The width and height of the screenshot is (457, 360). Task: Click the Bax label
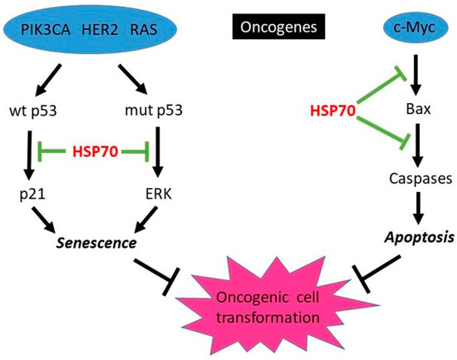coord(407,108)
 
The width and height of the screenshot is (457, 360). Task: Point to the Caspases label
coord(408,178)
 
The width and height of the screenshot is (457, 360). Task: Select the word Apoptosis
coord(409,235)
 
